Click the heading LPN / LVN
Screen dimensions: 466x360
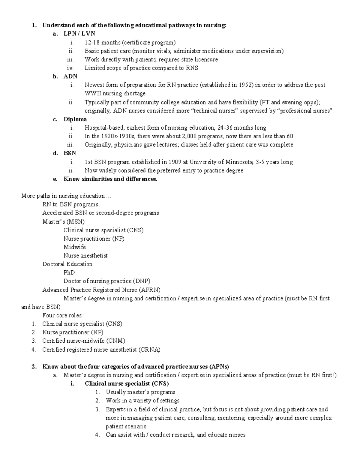79,34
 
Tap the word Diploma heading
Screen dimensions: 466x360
75,119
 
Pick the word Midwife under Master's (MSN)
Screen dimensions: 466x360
75,247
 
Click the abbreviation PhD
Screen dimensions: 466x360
69,272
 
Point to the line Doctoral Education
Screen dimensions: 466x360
67,264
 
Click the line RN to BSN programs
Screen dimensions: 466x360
70,204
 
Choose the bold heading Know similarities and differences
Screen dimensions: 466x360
110,179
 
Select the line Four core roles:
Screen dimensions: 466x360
62,315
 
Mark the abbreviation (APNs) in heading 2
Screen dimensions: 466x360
219,367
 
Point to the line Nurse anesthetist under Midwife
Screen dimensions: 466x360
85,256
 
